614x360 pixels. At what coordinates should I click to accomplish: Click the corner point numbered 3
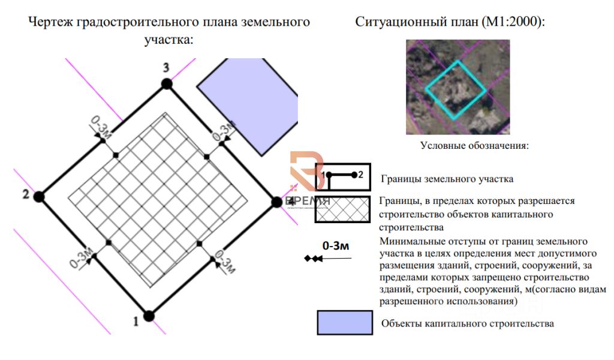167,84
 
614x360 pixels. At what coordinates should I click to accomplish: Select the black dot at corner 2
40,196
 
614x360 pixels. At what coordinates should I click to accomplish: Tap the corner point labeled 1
149,315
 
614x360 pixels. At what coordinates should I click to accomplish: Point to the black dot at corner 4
276,202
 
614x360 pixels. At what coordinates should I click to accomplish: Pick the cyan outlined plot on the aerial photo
456,90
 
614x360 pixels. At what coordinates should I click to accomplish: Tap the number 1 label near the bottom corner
136,322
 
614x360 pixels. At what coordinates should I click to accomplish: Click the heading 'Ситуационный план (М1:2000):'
450,22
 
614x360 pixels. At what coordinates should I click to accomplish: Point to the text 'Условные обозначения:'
474,145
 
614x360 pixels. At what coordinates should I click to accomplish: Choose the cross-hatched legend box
343,209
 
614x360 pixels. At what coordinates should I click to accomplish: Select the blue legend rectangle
344,322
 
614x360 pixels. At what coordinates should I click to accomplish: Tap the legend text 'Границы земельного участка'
447,179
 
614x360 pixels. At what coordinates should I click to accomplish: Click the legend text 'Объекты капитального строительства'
467,323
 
